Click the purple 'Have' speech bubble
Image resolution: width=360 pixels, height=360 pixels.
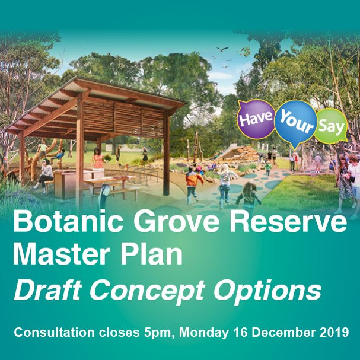click(256, 119)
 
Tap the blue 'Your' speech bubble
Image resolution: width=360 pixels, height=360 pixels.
click(296, 122)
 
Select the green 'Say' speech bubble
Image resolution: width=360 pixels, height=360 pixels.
click(331, 126)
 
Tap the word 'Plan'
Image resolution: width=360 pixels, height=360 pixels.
click(151, 254)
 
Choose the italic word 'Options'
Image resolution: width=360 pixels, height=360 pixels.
click(267, 291)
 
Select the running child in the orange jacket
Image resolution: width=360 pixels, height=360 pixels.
click(193, 185)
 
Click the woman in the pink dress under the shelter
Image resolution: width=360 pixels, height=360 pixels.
click(98, 158)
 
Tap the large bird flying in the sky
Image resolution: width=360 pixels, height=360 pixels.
click(222, 49)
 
